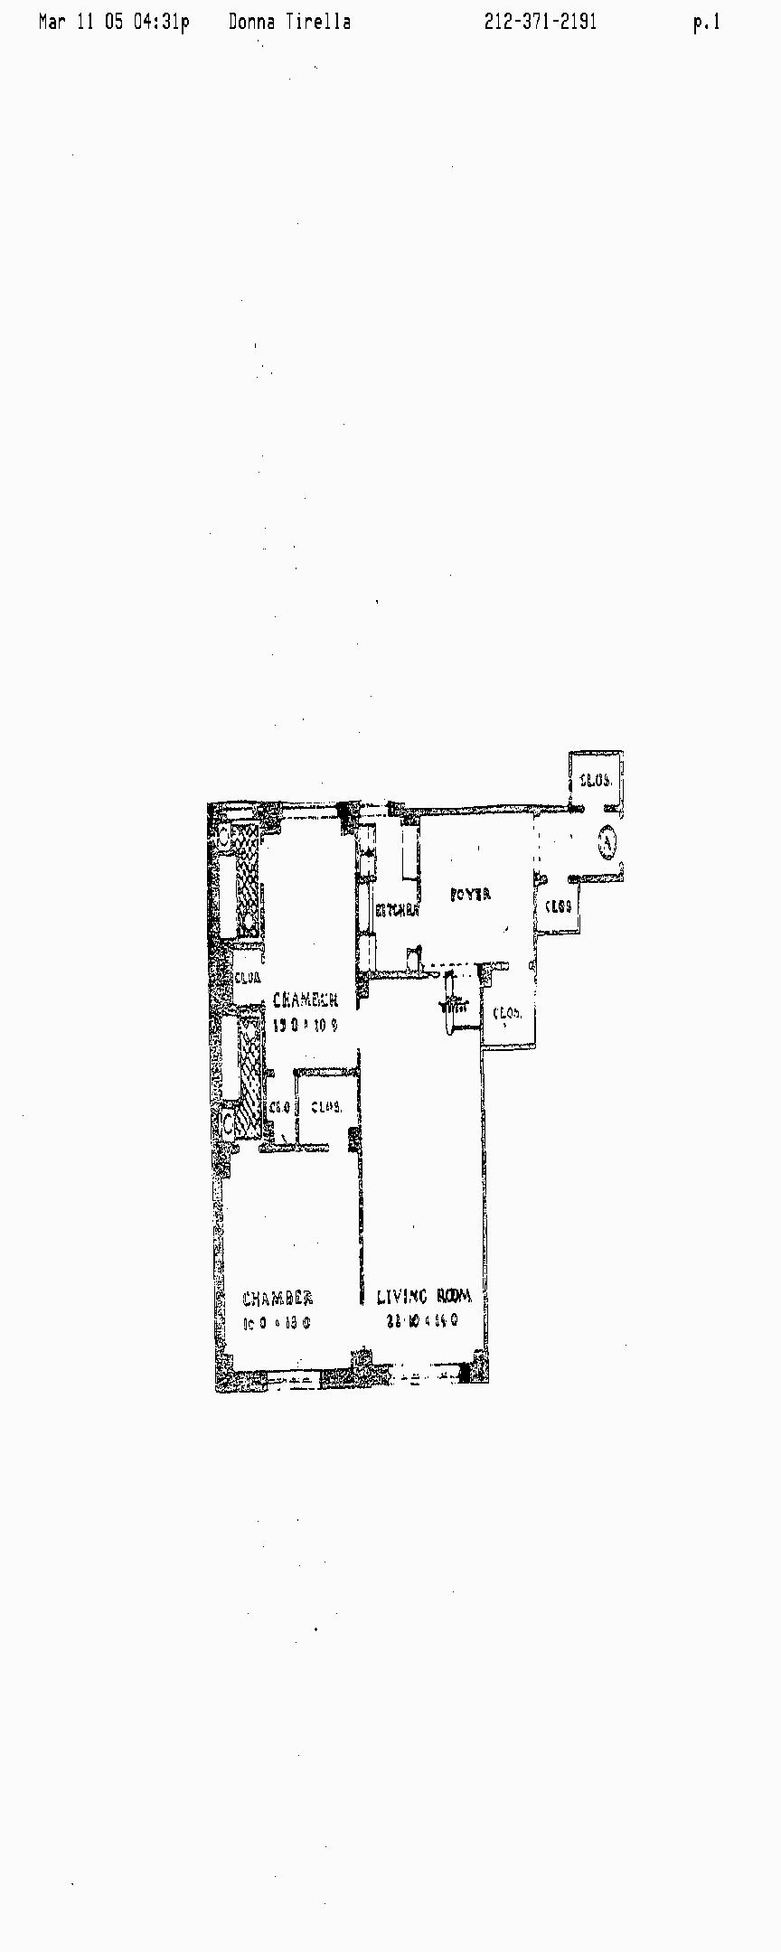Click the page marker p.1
[706, 23]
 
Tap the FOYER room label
[470, 895]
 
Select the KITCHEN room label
[398, 911]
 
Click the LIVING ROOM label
[424, 1297]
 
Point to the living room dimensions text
[422, 1320]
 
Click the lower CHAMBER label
[278, 1299]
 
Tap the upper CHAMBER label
[306, 1000]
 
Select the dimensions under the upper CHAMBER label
[305, 1025]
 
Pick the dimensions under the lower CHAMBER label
[277, 1323]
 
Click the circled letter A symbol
[607, 842]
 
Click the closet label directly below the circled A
[558, 906]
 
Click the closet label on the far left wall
[248, 977]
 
